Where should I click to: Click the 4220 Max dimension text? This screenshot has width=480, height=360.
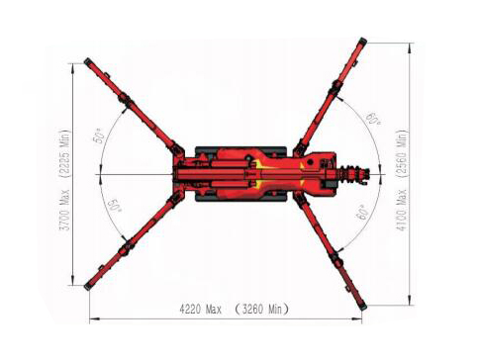click(200, 310)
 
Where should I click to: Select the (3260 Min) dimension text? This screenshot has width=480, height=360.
click(262, 310)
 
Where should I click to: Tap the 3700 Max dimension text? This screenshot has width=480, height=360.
click(65, 210)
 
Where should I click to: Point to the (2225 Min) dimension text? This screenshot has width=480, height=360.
click(65, 153)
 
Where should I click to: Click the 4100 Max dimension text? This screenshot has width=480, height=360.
click(402, 210)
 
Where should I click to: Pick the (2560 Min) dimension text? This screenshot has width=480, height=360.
click(402, 154)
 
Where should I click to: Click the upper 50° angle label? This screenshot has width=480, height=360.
click(99, 135)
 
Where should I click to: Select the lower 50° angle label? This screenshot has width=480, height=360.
click(115, 206)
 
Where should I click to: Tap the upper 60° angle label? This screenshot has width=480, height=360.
click(373, 119)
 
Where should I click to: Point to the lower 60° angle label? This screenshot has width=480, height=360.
click(361, 213)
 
